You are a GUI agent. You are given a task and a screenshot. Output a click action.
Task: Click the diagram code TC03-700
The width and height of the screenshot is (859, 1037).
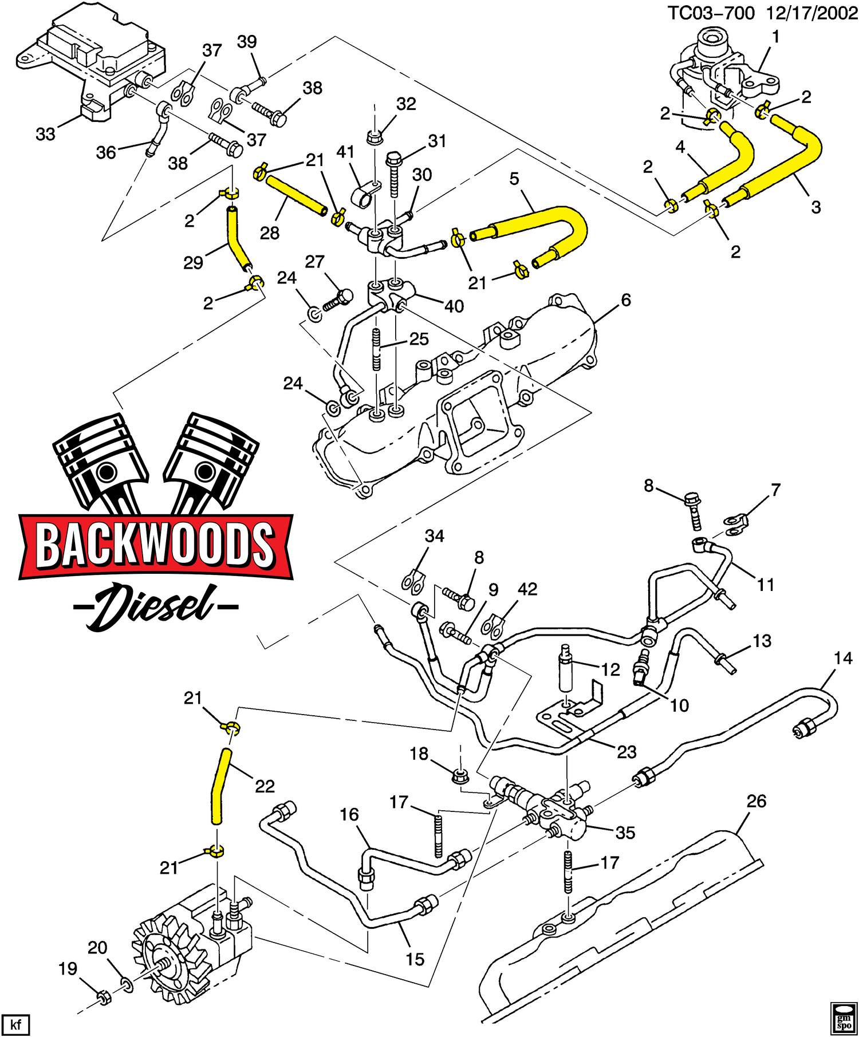pyautogui.click(x=711, y=13)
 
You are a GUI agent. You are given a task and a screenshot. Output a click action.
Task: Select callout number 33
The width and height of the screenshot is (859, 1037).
pyautogui.click(x=45, y=135)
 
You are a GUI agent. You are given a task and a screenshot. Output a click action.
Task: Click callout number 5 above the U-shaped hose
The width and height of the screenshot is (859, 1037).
pyautogui.click(x=514, y=179)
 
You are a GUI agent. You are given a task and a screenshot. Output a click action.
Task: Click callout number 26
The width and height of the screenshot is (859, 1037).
pyautogui.click(x=756, y=801)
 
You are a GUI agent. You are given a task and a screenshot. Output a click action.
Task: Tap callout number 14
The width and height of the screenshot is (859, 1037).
pyautogui.click(x=843, y=659)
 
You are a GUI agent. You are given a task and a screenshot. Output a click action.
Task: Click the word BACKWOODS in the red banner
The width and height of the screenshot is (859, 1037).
pyautogui.click(x=155, y=545)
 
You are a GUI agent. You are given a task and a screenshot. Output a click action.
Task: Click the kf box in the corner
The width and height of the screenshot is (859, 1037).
pyautogui.click(x=15, y=1023)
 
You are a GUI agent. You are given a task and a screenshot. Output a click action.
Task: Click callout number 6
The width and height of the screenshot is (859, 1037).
pyautogui.click(x=626, y=299)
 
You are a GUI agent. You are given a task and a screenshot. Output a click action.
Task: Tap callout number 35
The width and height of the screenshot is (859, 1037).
pyautogui.click(x=625, y=833)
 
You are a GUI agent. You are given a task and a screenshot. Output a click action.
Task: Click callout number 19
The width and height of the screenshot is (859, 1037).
pyautogui.click(x=68, y=969)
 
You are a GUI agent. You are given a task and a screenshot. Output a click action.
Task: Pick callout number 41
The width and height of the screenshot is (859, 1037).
pyautogui.click(x=345, y=152)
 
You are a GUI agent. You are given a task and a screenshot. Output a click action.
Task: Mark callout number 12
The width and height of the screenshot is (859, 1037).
pyautogui.click(x=611, y=669)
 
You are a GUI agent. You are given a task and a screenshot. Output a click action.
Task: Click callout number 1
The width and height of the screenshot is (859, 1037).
pyautogui.click(x=775, y=37)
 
